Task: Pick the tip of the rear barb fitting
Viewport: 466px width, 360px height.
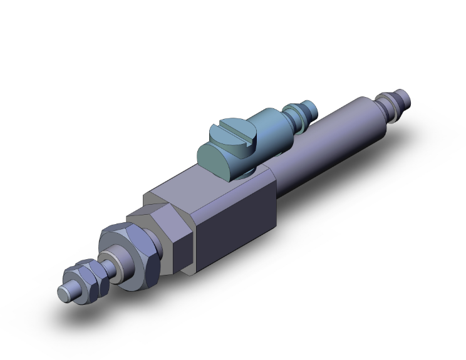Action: click(406, 97)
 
